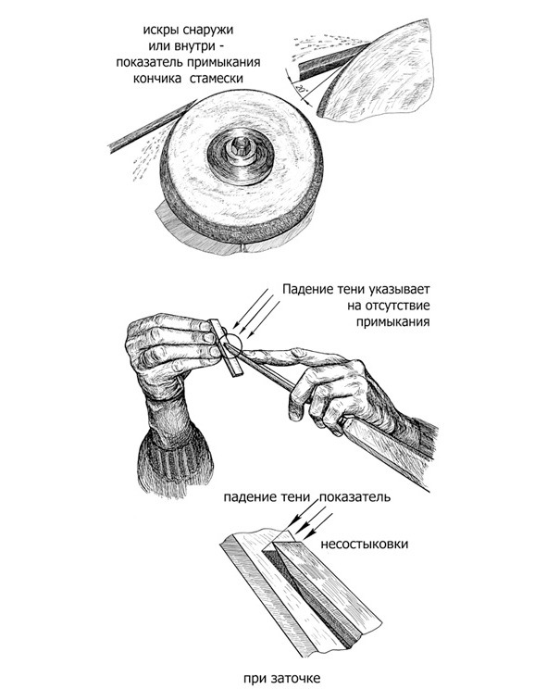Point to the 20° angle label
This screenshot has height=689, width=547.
[299, 89]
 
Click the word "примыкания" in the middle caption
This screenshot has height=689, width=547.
[392, 322]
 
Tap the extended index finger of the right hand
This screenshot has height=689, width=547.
[281, 356]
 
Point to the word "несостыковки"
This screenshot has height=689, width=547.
[365, 544]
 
